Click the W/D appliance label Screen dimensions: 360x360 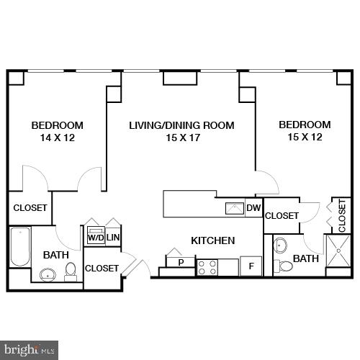[94, 237]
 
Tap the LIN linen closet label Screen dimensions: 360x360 [113, 237]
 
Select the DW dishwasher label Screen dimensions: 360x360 [253, 209]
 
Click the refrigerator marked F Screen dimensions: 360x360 [251, 266]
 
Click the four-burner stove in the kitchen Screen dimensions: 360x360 [207, 268]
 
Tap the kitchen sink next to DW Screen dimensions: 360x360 [235, 209]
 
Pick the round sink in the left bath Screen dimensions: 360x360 [48, 274]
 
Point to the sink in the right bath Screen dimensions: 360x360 [281, 245]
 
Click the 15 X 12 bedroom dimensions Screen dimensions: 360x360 [305, 138]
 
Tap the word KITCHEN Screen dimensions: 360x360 [212, 240]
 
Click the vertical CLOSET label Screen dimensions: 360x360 [342, 215]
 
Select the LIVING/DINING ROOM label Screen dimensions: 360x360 [181, 125]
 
